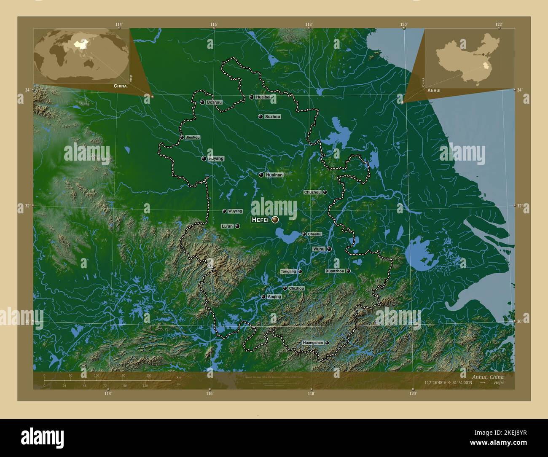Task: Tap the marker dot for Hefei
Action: [275, 220]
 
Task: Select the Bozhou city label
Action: [215, 102]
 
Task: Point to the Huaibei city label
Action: [263, 97]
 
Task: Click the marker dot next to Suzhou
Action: [261, 116]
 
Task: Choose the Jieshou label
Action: [193, 137]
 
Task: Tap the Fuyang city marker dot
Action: [204, 159]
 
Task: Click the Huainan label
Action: [274, 175]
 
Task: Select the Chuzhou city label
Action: [312, 192]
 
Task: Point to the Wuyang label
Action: [235, 211]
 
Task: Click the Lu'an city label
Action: [227, 226]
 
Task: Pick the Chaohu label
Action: [314, 234]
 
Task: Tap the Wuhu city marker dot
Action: [329, 249]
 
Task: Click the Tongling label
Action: [288, 272]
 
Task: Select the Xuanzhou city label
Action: [335, 271]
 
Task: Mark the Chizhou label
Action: [296, 288]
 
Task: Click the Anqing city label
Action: [274, 297]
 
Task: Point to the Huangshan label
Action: [312, 343]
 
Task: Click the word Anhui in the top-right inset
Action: [434, 90]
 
